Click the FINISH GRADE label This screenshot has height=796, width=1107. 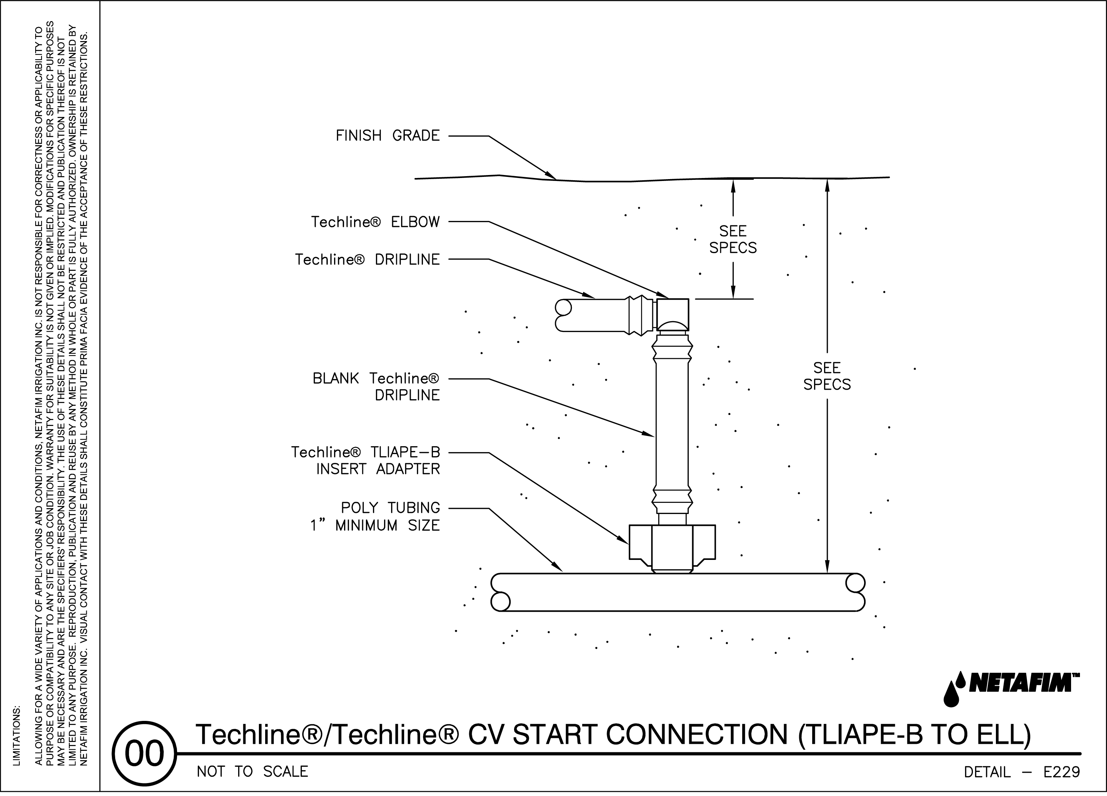(x=387, y=135)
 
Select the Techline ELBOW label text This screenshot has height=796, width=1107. (x=375, y=222)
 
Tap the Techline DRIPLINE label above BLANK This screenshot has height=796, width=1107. (x=367, y=259)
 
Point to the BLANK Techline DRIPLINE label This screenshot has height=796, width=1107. (x=376, y=387)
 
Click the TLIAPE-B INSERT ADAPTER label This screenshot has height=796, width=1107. (x=366, y=460)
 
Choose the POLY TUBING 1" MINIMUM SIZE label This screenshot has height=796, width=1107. (x=375, y=517)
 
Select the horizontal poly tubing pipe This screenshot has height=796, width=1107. (x=677, y=592)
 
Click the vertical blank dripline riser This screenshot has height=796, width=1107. (x=672, y=424)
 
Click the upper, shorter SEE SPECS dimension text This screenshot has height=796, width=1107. (x=733, y=239)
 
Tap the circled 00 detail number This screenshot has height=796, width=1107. (x=144, y=753)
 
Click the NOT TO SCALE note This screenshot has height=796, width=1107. (x=252, y=772)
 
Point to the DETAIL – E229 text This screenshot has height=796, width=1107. (x=1021, y=772)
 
